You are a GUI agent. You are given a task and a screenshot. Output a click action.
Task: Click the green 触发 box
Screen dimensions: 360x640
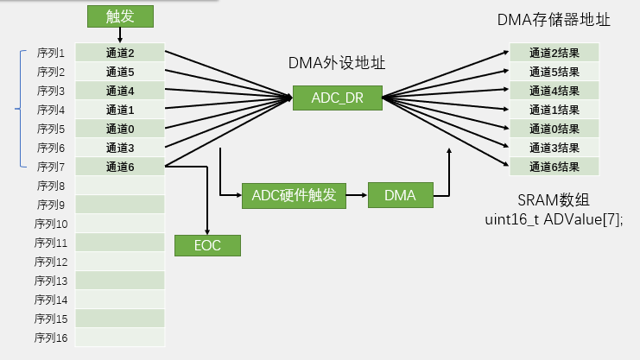tap(120, 16)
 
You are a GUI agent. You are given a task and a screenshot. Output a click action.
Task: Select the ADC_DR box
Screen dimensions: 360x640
tap(337, 98)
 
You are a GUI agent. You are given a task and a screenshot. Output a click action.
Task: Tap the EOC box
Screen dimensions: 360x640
tap(207, 245)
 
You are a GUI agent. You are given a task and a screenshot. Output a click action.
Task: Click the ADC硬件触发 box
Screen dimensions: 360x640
tap(288, 196)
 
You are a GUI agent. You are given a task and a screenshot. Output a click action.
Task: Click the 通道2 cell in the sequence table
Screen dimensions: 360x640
tap(119, 53)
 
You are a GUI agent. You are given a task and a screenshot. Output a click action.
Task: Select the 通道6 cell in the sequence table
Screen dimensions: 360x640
tap(119, 167)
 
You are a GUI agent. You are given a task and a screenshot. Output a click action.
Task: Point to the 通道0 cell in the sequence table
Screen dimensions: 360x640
tap(119, 129)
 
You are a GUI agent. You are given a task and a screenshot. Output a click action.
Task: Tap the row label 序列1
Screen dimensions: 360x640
tap(52, 53)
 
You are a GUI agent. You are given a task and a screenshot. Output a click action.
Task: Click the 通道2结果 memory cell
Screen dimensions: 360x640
tap(554, 53)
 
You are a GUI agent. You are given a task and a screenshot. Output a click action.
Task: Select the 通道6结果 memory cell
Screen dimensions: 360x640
tap(554, 167)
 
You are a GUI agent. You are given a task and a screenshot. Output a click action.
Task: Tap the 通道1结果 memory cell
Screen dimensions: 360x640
tap(554, 110)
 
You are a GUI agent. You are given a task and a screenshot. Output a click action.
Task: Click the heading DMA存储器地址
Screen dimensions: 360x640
tap(554, 19)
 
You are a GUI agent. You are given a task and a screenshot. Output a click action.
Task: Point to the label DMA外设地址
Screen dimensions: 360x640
tap(337, 63)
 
